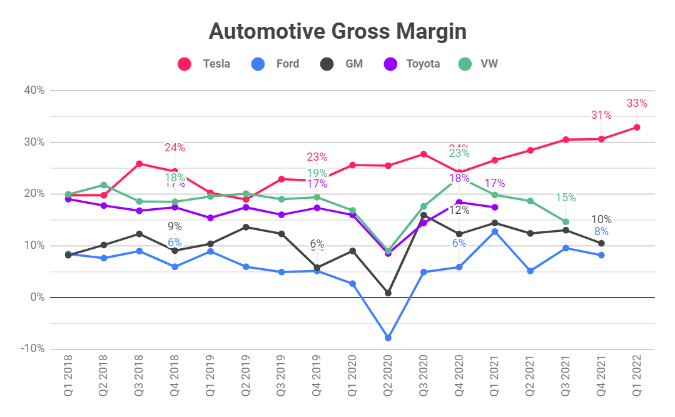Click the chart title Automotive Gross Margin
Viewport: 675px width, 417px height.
tap(337, 31)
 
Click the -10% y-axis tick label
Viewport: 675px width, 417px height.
tap(32, 349)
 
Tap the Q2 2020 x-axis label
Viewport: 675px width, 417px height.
tap(388, 379)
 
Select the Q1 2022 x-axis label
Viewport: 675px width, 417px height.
tap(637, 379)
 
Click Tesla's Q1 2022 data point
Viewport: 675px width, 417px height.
tap(637, 128)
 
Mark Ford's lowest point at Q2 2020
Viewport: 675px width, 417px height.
tap(388, 338)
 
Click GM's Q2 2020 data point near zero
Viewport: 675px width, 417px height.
tap(388, 293)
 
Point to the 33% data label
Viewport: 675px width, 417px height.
tap(637, 103)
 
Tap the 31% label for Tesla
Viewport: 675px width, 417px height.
tap(601, 115)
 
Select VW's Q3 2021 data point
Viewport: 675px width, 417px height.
tap(566, 222)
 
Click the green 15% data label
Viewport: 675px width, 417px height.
tap(566, 198)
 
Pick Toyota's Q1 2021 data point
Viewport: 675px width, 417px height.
tap(495, 207)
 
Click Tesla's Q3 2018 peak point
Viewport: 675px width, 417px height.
tap(140, 164)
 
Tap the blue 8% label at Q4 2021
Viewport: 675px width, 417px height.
tap(601, 231)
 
